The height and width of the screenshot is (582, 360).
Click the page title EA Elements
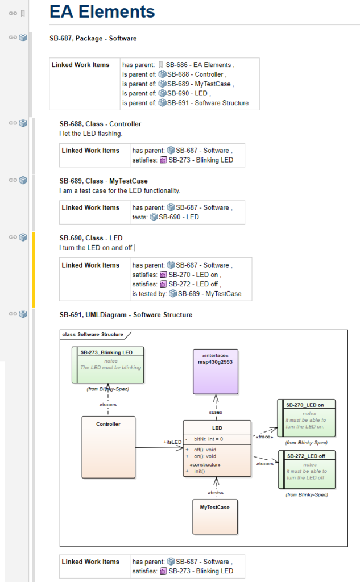coord(102,11)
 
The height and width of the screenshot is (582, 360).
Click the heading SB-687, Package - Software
coord(93,39)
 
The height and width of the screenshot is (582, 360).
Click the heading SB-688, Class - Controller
coord(100,124)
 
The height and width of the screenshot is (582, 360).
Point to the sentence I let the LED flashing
coord(90,134)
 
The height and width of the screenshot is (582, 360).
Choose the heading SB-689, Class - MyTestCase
coord(104,181)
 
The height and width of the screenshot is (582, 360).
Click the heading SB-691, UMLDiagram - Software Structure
coord(126,315)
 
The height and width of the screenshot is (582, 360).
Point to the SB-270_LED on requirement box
coord(306,418)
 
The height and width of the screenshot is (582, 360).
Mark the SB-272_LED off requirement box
coord(306,469)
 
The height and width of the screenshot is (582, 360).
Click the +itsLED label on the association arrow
coord(172,442)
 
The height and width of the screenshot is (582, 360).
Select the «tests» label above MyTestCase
coord(215,493)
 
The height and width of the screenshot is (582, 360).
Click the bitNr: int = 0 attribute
coord(208,439)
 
